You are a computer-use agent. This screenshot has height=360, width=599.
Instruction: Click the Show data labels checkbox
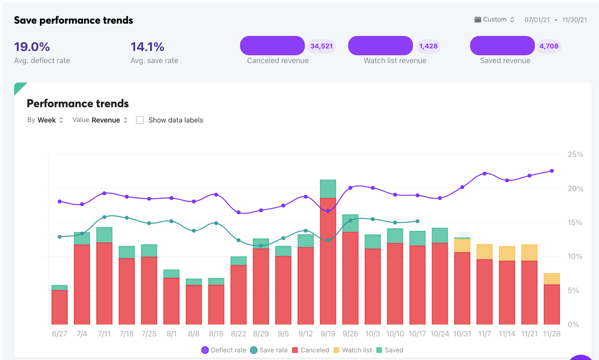click(140, 120)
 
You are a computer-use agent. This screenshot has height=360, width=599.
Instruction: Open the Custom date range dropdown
click(495, 20)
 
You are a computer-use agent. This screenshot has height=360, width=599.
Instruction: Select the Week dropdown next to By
click(50, 120)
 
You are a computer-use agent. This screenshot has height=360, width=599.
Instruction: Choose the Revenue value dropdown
click(109, 120)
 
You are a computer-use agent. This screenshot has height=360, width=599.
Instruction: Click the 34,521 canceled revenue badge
click(321, 46)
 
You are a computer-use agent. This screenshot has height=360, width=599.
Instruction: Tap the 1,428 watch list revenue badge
click(428, 46)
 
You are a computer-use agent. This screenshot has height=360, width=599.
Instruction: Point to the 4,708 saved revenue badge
click(549, 46)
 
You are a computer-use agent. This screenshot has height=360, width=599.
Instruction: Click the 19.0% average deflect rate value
click(32, 47)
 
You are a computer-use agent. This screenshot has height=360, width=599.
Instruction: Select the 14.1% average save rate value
click(147, 47)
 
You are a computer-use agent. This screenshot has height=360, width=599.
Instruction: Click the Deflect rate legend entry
click(224, 350)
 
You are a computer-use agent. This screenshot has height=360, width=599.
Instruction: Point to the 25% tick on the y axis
click(575, 155)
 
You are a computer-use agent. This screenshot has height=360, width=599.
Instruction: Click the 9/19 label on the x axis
click(328, 334)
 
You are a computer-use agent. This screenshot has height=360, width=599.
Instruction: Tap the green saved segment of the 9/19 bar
click(328, 189)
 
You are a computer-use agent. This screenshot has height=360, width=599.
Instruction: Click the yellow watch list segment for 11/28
click(552, 279)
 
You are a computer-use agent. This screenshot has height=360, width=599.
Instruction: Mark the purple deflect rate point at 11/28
click(552, 171)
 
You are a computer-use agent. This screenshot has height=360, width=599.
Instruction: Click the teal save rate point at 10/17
click(418, 221)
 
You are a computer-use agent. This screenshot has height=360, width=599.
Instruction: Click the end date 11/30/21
click(574, 20)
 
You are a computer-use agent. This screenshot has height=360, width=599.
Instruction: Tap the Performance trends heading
click(78, 104)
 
